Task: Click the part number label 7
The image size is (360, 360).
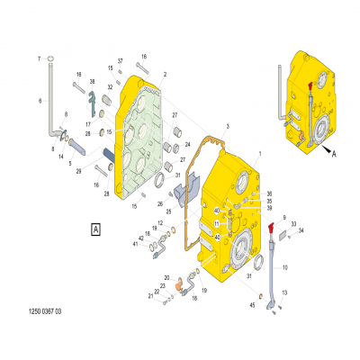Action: (40, 58)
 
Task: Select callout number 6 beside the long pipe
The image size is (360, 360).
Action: (40, 101)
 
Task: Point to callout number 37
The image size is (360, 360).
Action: (120, 60)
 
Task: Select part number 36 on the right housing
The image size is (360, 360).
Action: (267, 193)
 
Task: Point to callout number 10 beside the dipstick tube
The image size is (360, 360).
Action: (285, 267)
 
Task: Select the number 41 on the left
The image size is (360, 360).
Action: (139, 244)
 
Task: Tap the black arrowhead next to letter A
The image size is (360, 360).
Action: (326, 143)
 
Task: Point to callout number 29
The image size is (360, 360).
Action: (78, 171)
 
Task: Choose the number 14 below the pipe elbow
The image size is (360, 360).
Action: (61, 156)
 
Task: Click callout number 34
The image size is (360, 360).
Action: (301, 230)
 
